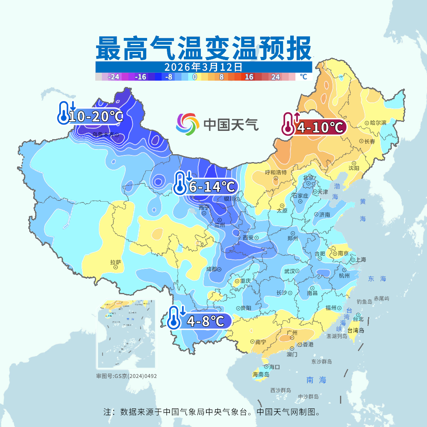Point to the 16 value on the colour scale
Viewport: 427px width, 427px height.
(x=249, y=77)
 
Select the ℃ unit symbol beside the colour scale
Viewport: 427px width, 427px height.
(x=303, y=77)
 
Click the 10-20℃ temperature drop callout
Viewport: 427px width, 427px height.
(x=95, y=116)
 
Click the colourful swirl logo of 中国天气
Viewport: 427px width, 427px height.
(x=187, y=124)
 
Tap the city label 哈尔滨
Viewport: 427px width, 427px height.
(x=378, y=123)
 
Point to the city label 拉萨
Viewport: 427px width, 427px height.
(x=115, y=262)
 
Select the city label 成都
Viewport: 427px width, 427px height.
(x=212, y=269)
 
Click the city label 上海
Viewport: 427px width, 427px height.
(x=361, y=260)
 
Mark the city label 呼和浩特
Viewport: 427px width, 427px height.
(x=276, y=172)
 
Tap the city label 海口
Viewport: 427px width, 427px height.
(x=274, y=367)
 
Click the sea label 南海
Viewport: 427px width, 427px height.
(x=316, y=380)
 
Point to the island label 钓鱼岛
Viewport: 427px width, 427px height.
(x=364, y=302)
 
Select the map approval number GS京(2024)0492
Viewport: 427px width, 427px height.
(x=127, y=376)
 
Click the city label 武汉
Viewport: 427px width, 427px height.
(x=289, y=271)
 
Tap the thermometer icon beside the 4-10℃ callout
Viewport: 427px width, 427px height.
(x=287, y=124)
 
